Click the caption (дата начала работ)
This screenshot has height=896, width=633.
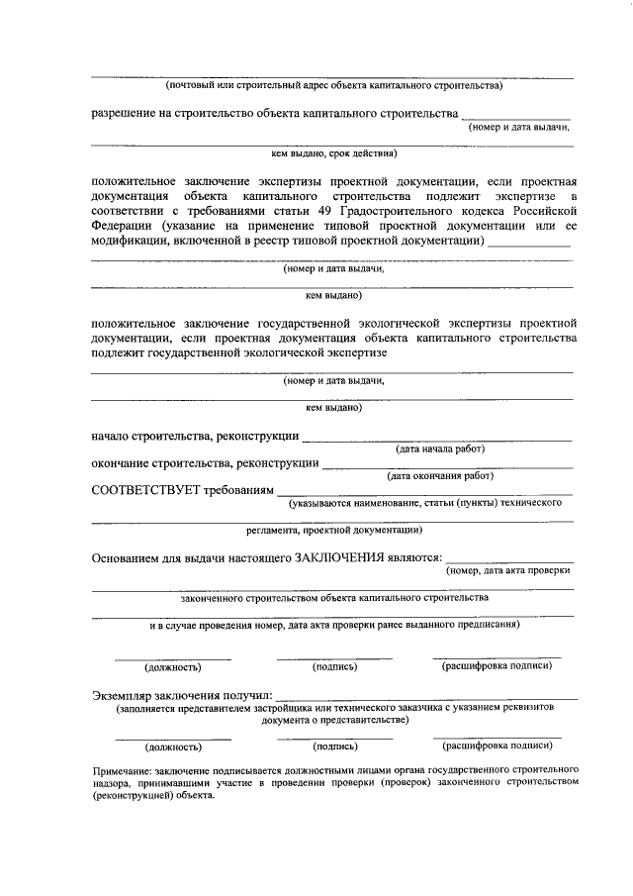440,448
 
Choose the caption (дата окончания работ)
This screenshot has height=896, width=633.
440,475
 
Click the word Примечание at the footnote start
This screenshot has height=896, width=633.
123,768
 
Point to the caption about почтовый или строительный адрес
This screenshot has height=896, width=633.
333,85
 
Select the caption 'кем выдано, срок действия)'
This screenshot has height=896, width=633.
333,154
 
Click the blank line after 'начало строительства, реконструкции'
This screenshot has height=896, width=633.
436,438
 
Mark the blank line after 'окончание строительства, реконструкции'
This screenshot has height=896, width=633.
447,465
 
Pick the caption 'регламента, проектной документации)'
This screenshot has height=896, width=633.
333,530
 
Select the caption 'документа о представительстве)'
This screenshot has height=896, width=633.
333,721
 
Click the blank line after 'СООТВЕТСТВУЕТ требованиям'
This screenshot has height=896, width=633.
424,492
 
